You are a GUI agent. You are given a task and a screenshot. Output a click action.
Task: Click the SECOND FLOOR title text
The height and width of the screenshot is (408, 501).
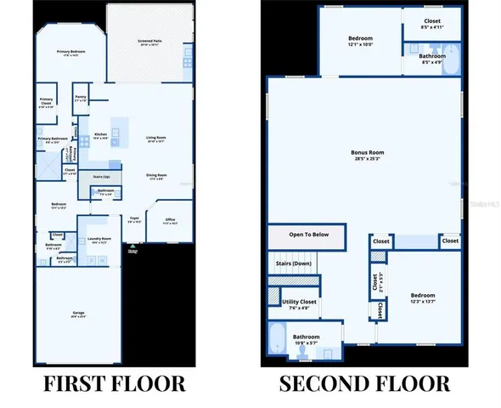click(x=365, y=382)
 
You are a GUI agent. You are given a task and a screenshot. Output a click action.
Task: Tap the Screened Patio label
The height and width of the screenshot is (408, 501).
click(x=149, y=42)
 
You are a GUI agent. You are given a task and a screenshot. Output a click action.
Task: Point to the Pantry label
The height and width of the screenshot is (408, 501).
click(x=80, y=99)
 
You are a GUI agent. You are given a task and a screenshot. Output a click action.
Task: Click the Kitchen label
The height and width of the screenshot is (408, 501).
click(x=101, y=134)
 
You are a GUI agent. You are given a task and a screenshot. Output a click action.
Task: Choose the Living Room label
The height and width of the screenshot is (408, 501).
click(x=155, y=138)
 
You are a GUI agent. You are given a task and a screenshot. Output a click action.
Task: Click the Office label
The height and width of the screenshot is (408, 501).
click(x=169, y=222)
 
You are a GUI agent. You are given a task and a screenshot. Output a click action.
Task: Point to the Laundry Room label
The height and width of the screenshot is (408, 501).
click(x=99, y=240)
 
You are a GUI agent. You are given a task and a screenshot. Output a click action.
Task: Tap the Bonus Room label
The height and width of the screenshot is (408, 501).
click(x=364, y=155)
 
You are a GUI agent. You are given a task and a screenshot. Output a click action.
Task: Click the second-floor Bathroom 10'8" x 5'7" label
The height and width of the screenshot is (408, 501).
click(x=307, y=339)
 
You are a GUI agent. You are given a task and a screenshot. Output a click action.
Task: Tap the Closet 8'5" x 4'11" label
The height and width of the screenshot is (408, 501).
click(x=432, y=25)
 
